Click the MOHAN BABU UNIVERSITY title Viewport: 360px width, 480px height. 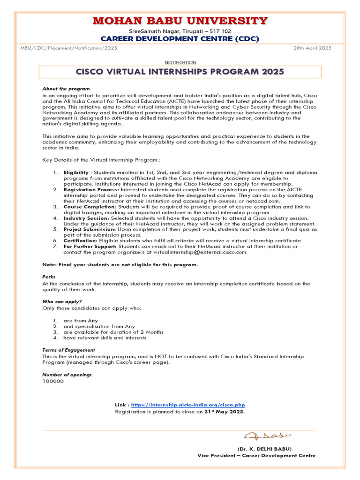coord(180,21)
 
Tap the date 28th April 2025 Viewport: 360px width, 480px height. coord(313,48)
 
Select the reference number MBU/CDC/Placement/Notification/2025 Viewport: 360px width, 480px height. coord(69,48)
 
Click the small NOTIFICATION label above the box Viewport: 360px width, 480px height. coord(180,62)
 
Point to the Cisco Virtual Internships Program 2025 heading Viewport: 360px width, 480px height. coord(180,72)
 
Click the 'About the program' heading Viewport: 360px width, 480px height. coord(66,89)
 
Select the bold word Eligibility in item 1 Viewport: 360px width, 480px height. coord(76,173)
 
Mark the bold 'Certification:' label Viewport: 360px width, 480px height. coord(81,240)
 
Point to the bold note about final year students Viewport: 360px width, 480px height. coord(120,264)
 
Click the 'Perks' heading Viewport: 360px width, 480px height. coord(49,277)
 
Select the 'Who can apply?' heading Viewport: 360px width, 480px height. coord(62,301)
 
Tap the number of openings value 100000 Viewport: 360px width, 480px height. coord(53,381)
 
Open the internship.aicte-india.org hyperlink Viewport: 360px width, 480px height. coord(188,405)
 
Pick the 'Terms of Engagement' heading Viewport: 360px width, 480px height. coord(68,350)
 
